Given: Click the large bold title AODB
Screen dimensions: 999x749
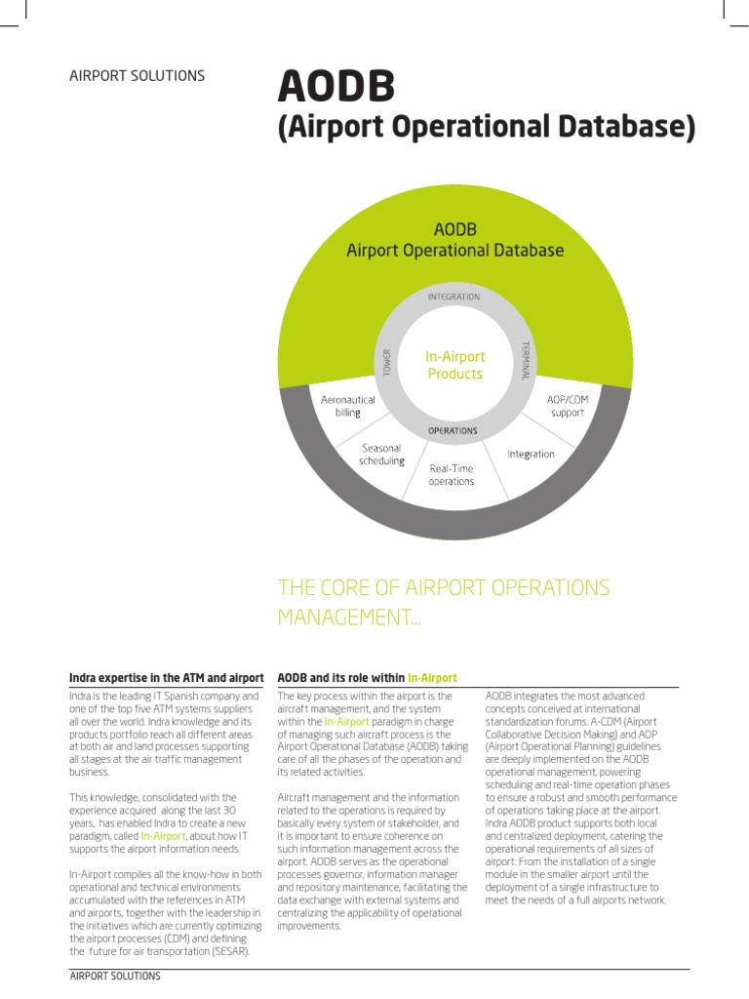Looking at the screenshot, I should pos(335,87).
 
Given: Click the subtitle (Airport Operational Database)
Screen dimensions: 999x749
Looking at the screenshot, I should pos(486,128).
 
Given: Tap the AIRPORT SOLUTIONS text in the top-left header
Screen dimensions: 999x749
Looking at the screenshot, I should pos(137,76).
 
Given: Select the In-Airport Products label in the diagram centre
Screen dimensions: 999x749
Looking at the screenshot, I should pos(454,365).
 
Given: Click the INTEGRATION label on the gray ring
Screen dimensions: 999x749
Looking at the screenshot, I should pos(454,296).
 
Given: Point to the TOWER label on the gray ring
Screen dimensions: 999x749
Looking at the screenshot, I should pos(386,363).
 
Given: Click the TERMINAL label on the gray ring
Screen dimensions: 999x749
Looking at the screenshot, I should pos(525,361).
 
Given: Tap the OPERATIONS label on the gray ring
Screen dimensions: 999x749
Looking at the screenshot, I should pos(453,430).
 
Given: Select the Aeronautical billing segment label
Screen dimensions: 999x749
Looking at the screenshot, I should pos(348,406).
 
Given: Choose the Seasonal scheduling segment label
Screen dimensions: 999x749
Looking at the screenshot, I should pos(381,455).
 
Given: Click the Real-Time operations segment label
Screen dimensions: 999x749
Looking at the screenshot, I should pos(452,475).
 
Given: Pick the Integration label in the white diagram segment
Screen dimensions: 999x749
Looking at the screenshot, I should pos(531,454).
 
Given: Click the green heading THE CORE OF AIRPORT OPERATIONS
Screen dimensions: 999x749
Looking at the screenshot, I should pos(444,588).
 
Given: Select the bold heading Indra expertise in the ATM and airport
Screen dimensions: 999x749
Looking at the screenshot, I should pos(166,677).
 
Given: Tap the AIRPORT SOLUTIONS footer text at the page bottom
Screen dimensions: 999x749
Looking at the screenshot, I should pos(115,976).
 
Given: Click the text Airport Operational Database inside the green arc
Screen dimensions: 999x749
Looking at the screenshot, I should pos(455,251).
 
